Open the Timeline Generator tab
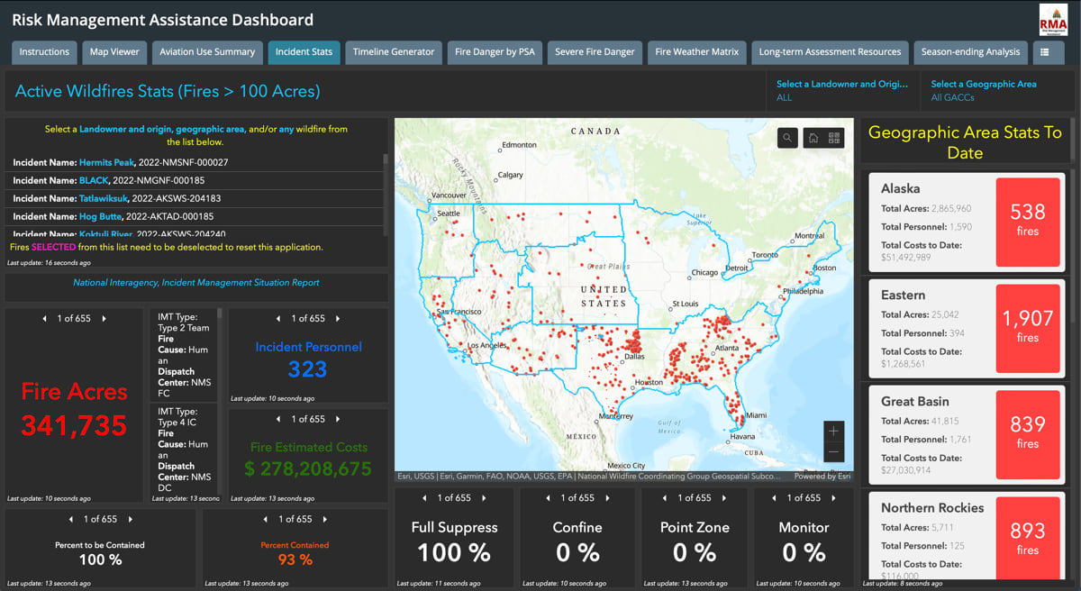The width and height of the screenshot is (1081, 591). pyautogui.click(x=394, y=52)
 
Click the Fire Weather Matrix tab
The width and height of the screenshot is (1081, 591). pyautogui.click(x=696, y=52)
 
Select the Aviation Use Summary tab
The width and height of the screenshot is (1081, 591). pyautogui.click(x=207, y=52)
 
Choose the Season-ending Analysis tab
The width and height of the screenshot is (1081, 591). pyautogui.click(x=970, y=52)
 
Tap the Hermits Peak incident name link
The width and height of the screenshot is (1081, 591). pyautogui.click(x=106, y=162)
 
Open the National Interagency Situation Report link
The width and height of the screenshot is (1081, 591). pyautogui.click(x=196, y=283)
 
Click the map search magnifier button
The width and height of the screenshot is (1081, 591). pyautogui.click(x=787, y=138)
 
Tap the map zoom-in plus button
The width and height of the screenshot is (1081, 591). pyautogui.click(x=833, y=432)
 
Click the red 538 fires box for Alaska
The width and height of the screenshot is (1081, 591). pyautogui.click(x=1027, y=222)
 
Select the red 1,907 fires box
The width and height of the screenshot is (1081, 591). pyautogui.click(x=1027, y=328)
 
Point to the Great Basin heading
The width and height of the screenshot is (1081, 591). pyautogui.click(x=914, y=402)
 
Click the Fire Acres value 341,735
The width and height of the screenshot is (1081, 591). pyautogui.click(x=74, y=425)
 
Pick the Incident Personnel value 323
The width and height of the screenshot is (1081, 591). pyautogui.click(x=307, y=369)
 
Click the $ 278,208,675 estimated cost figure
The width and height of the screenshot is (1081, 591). pyautogui.click(x=308, y=469)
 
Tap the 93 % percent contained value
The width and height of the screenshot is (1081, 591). pyautogui.click(x=295, y=559)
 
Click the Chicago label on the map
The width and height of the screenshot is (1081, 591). pyautogui.click(x=705, y=272)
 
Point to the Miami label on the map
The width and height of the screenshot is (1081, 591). pyautogui.click(x=756, y=415)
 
